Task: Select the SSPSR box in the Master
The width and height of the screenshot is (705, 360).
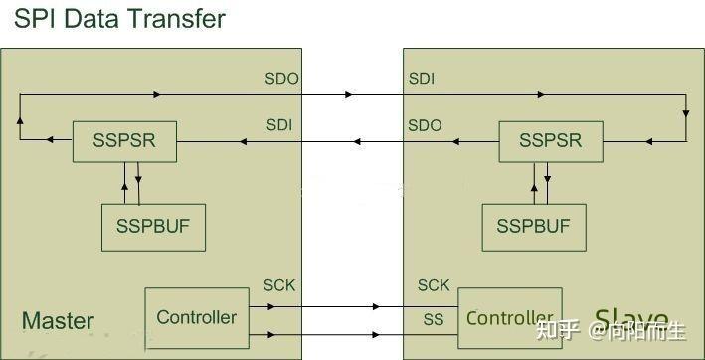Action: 124,141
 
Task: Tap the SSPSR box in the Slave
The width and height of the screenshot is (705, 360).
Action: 550,141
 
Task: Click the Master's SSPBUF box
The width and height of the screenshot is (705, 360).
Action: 152,226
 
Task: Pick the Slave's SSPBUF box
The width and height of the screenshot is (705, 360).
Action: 533,226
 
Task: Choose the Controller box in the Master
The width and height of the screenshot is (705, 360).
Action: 197,317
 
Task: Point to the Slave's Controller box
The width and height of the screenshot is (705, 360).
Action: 509,318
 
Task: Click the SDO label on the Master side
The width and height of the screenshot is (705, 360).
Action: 281,78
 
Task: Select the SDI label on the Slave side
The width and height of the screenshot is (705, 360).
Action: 422,78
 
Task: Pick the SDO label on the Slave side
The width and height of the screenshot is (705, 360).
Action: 425,125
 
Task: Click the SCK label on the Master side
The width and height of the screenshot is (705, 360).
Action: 279,286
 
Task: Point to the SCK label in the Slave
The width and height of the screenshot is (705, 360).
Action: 434,286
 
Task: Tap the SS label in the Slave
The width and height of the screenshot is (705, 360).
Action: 433,319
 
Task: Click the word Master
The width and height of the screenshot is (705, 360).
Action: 58,321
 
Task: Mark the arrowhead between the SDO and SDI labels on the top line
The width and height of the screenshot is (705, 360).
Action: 348,95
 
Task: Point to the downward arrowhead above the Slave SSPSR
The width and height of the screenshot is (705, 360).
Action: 685,115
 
